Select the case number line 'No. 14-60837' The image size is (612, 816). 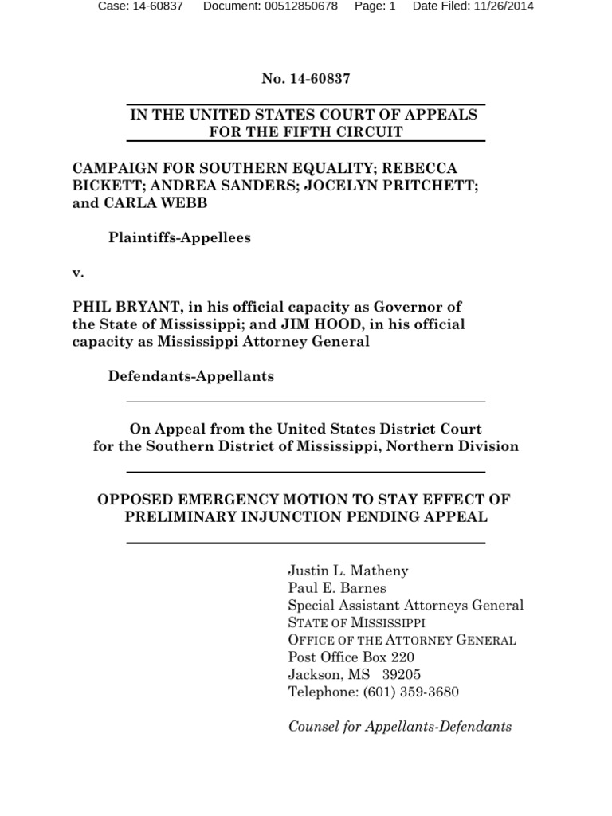coord(306,79)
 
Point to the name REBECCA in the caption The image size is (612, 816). coord(430,168)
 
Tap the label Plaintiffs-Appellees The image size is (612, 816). coord(179,238)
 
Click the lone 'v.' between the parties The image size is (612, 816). coord(78,273)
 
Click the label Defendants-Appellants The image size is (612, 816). coord(190,376)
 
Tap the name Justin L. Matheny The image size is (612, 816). coord(347,571)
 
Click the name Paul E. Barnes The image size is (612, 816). coord(336,588)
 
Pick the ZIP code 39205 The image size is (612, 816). coord(402,675)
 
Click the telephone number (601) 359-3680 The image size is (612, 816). coord(410,692)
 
